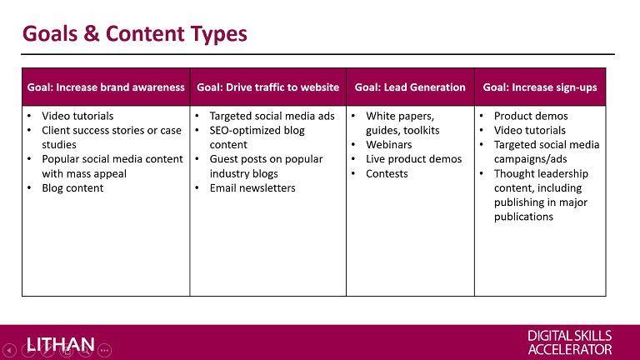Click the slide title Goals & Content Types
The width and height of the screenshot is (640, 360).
click(135, 33)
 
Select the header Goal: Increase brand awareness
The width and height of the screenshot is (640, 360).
click(106, 87)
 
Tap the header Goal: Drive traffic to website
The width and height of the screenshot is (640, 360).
click(267, 87)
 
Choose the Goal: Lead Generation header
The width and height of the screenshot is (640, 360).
click(410, 87)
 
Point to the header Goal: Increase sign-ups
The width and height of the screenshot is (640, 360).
click(540, 87)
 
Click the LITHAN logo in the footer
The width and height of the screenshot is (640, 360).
click(61, 345)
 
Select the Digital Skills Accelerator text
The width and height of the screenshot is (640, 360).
click(570, 342)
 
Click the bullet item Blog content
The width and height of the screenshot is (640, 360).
click(72, 188)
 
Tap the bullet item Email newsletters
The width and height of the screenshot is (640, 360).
click(252, 188)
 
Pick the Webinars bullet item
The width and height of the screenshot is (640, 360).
click(388, 145)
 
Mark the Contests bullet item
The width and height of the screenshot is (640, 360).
click(387, 174)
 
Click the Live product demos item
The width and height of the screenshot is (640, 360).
click(413, 159)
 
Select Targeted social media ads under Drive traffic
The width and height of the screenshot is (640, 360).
click(272, 117)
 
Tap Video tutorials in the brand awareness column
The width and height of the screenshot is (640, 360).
click(77, 117)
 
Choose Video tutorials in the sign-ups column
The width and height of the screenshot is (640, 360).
click(530, 131)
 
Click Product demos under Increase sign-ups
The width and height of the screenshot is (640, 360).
click(531, 117)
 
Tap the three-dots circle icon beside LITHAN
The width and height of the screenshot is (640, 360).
click(104, 350)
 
